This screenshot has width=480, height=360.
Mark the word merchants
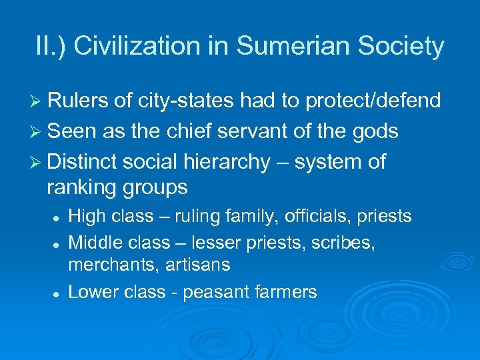(x=107, y=265)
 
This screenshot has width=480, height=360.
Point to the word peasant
(x=215, y=292)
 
